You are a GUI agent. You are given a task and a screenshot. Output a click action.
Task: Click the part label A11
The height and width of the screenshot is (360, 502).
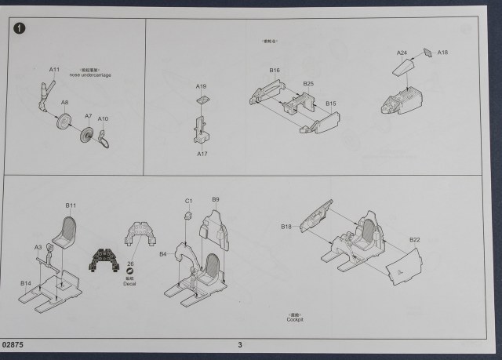pos(55,70)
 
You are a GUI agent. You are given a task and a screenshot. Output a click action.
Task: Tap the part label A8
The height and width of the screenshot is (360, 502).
pos(65,103)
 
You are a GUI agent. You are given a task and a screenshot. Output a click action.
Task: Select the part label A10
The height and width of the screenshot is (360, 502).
pos(104,118)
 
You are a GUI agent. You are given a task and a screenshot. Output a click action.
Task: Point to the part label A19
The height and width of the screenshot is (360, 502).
pos(202,86)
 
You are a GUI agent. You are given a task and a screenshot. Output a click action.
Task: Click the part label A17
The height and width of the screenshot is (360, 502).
pos(202,154)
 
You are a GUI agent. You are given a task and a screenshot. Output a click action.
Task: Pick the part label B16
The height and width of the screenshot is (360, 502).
pos(275,71)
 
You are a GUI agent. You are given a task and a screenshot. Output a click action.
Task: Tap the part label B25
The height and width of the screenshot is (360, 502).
pos(308,83)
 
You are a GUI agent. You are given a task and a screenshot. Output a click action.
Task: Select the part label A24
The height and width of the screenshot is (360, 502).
pos(402,53)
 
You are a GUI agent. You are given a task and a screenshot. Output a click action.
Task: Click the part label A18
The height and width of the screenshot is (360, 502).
pos(443,52)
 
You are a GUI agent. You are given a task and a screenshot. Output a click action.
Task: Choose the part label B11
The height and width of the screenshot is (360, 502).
pos(71,205)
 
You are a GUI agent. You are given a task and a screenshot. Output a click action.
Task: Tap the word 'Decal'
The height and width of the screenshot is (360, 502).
pos(130,284)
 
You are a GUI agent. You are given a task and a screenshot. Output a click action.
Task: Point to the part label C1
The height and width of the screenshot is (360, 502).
pos(189,202)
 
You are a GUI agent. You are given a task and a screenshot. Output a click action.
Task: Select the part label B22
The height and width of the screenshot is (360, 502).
pos(415,239)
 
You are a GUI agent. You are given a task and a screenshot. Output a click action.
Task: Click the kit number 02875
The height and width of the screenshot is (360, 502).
pos(13,344)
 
